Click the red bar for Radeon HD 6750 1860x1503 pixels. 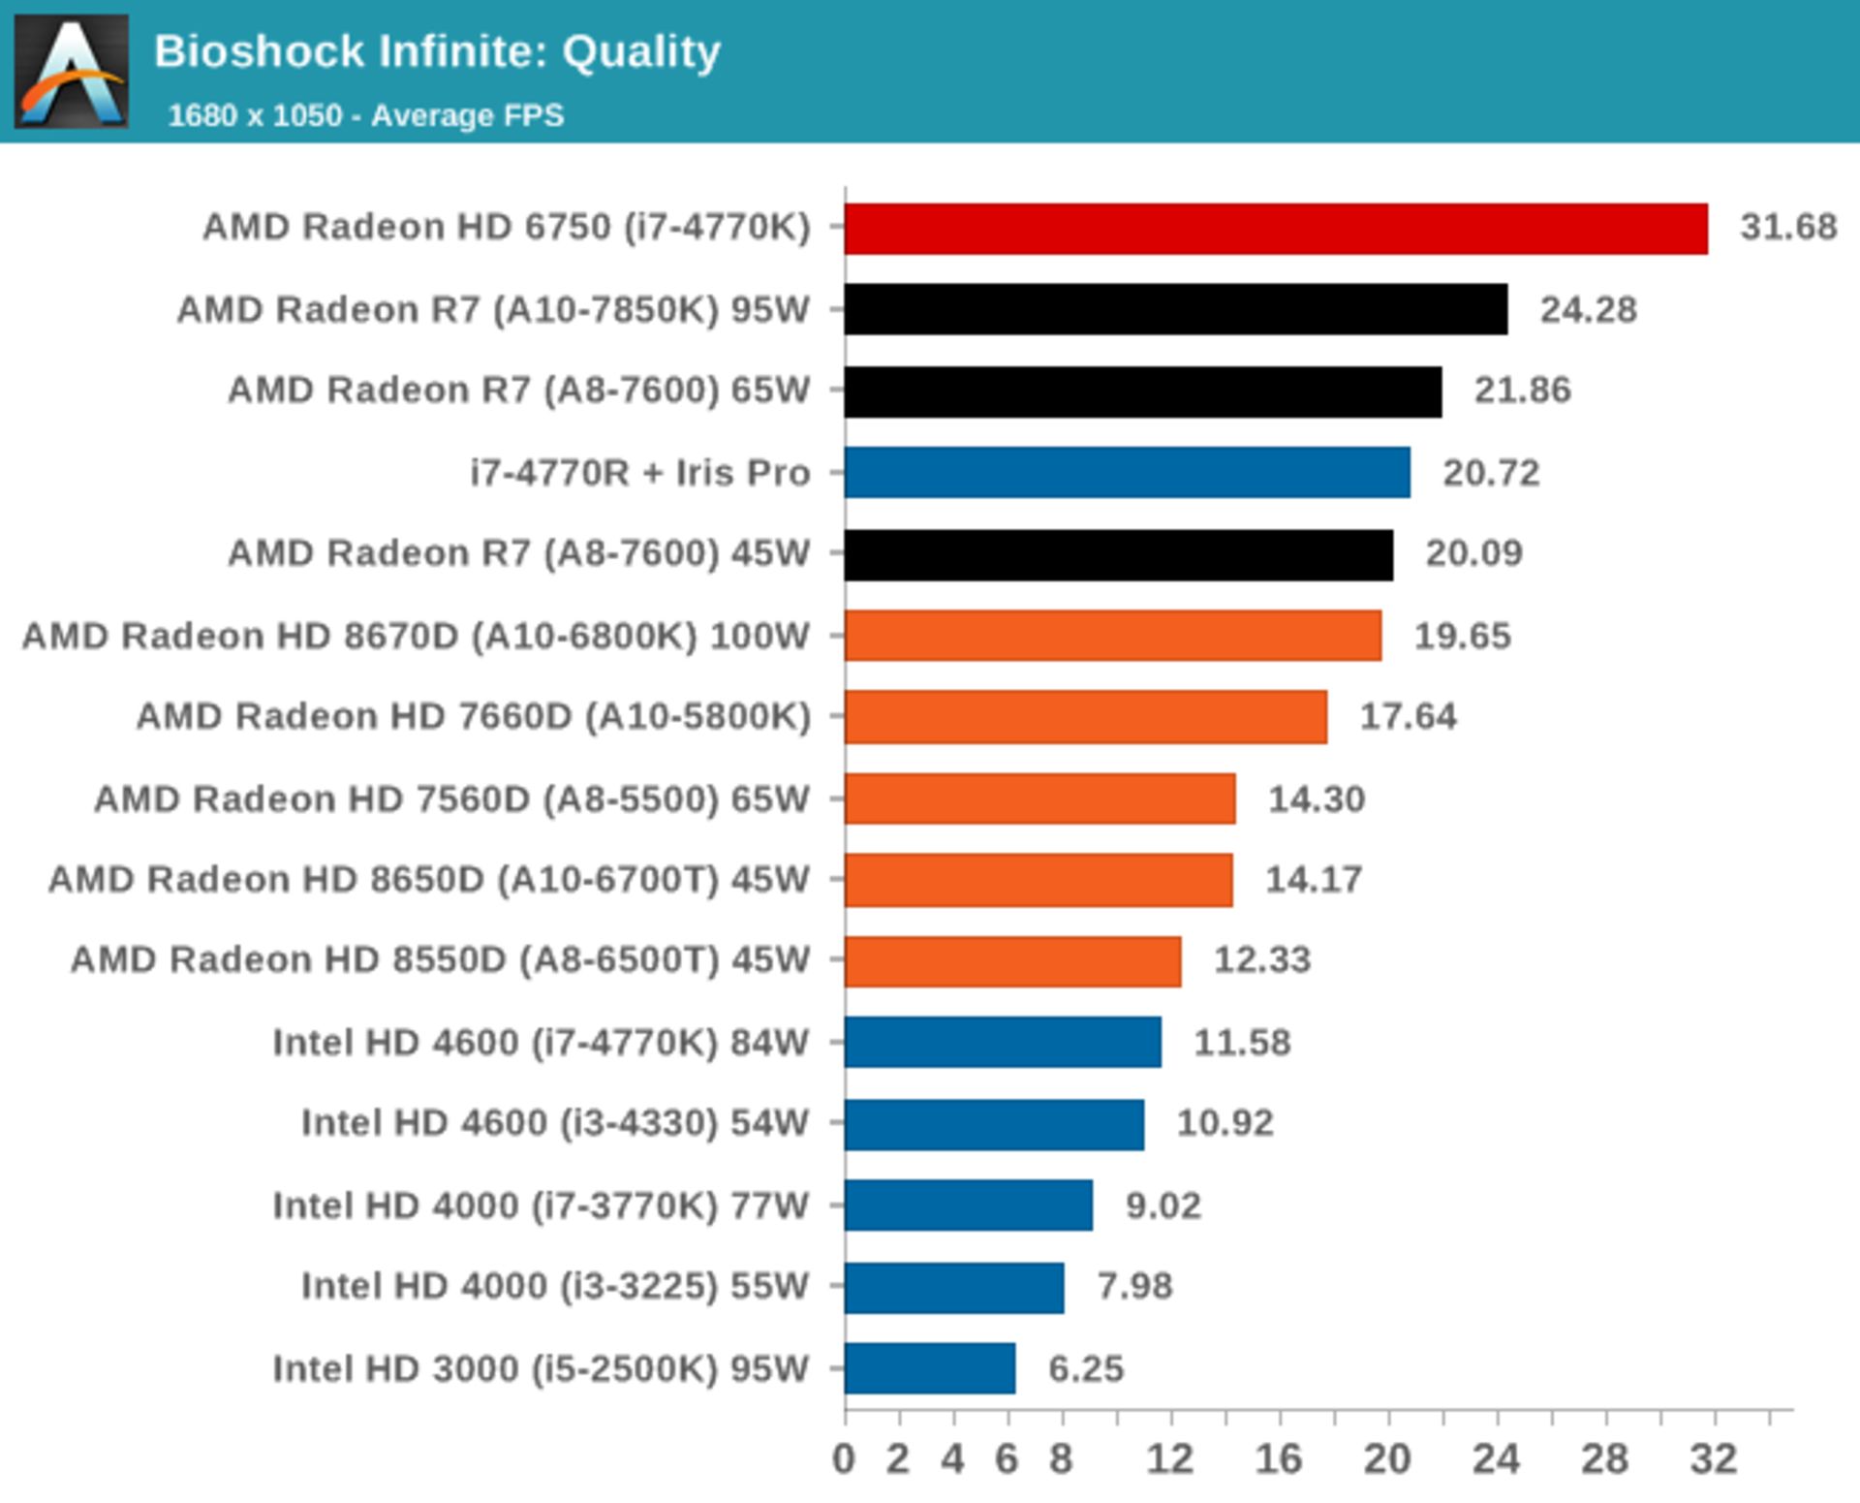click(x=1275, y=229)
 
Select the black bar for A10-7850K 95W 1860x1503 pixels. click(x=1175, y=309)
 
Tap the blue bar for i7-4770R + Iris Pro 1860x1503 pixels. click(x=1127, y=472)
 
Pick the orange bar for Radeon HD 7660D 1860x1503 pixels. click(x=1085, y=716)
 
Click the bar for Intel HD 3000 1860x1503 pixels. click(x=930, y=1368)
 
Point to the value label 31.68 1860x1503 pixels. click(x=1788, y=227)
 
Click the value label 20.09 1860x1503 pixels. click(x=1473, y=553)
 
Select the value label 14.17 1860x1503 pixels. click(x=1314, y=880)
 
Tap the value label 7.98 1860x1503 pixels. click(x=1134, y=1286)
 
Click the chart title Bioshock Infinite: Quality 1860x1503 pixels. click(x=437, y=51)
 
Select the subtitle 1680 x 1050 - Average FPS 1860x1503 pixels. click(x=365, y=115)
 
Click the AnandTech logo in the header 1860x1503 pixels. click(x=72, y=71)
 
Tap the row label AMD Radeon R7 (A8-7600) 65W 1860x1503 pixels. click(x=518, y=391)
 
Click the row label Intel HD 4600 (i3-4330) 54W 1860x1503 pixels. click(x=554, y=1123)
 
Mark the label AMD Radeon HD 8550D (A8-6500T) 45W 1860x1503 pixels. click(x=440, y=960)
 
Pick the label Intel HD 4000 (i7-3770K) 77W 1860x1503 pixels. click(x=540, y=1206)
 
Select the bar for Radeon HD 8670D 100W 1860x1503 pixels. click(x=1112, y=636)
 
